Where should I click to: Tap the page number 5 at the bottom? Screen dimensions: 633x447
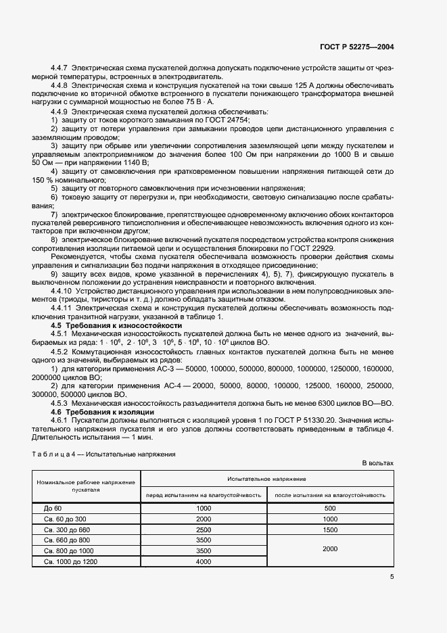tap(392, 576)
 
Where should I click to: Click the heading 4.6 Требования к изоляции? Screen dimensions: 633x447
tap(103, 412)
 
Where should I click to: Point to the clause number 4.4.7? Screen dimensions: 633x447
tap(61, 68)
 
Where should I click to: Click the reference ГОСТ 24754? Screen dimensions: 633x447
tap(227, 120)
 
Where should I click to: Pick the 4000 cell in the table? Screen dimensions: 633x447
tap(204, 562)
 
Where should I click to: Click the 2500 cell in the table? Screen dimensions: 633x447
tap(204, 530)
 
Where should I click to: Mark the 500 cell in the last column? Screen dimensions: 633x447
tap(330, 508)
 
